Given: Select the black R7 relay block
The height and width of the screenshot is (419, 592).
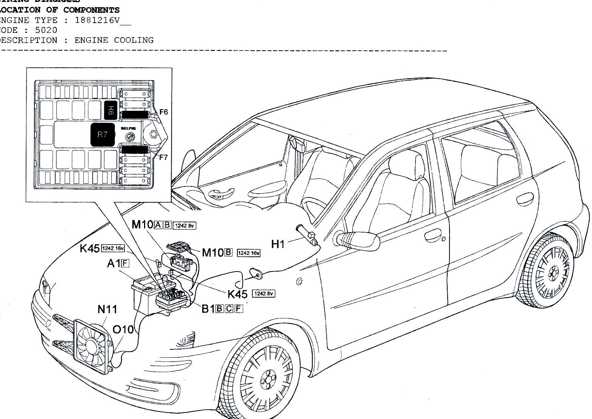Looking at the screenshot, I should [102, 135].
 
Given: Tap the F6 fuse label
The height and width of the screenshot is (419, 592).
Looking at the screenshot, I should [163, 112].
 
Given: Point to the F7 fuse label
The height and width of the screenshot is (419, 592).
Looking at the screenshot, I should [163, 157].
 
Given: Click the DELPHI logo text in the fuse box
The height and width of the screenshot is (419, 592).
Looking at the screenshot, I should [128, 129].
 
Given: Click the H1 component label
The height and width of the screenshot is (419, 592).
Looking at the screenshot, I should [278, 244].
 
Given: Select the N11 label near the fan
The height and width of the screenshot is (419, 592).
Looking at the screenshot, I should [107, 309].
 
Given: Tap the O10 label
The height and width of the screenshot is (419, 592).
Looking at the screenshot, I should [123, 330].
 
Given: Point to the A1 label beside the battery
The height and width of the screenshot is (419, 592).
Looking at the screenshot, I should [113, 263].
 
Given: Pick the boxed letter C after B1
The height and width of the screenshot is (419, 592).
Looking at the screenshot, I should [229, 309].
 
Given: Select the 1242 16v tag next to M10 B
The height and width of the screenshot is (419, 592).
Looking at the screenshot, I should [248, 253].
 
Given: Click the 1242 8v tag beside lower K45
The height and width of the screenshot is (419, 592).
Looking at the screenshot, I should [263, 293].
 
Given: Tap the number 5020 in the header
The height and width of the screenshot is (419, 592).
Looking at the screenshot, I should [46, 30].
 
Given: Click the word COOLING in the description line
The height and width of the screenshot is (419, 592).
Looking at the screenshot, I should [134, 40].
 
